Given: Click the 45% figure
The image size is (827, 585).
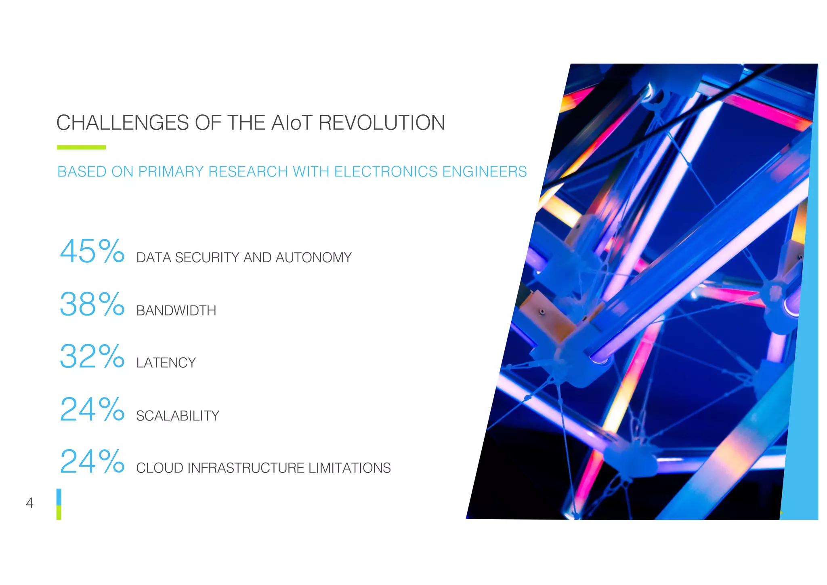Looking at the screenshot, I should (x=92, y=251).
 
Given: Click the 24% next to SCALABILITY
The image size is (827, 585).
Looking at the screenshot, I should (x=92, y=409).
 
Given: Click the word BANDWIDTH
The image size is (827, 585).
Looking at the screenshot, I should (x=176, y=311).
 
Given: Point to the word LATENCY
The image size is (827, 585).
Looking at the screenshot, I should (x=166, y=363).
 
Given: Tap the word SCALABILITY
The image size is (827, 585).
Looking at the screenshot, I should (x=178, y=416).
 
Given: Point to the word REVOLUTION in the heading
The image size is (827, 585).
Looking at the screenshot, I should (x=382, y=123).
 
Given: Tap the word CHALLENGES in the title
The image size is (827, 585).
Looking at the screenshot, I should (x=122, y=123).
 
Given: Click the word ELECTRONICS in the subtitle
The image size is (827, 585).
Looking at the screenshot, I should (x=386, y=172).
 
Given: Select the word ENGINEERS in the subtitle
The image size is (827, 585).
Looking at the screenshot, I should (x=485, y=172).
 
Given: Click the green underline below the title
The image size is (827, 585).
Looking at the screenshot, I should (x=81, y=147).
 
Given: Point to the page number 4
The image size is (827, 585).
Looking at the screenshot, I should (x=29, y=503).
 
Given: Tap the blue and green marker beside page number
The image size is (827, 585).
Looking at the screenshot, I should (x=59, y=504).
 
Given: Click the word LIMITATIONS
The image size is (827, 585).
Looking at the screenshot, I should (x=349, y=468).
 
